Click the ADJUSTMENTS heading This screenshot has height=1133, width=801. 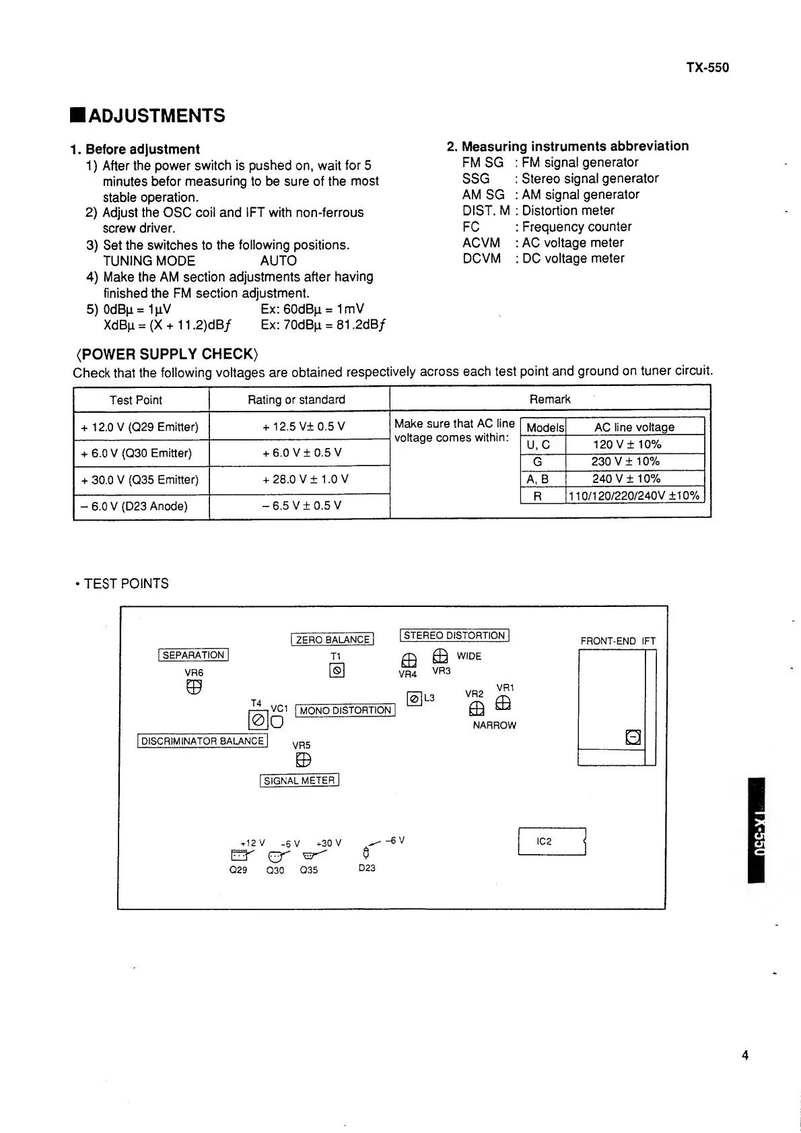coord(156,116)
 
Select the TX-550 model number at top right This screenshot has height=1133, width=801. coord(707,67)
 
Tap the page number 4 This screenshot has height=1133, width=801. coord(744,1056)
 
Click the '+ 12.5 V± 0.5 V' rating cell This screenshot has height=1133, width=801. coord(304,427)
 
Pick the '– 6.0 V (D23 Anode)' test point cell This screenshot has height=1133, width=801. coord(135,506)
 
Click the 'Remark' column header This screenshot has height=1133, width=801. coord(550,399)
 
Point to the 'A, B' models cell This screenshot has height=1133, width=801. coord(537,479)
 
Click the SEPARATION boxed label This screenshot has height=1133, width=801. coord(194,655)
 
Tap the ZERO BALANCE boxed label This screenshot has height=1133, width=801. coord(333,639)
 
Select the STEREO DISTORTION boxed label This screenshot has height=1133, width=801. coord(454,635)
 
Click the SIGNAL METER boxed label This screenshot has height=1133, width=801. coord(299,781)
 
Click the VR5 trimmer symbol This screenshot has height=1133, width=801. coord(303,760)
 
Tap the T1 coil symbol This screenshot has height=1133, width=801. coord(337,671)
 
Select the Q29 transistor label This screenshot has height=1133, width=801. coord(238,870)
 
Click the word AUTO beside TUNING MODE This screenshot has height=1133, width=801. coord(278,261)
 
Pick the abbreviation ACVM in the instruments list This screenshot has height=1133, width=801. coord(481,242)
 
